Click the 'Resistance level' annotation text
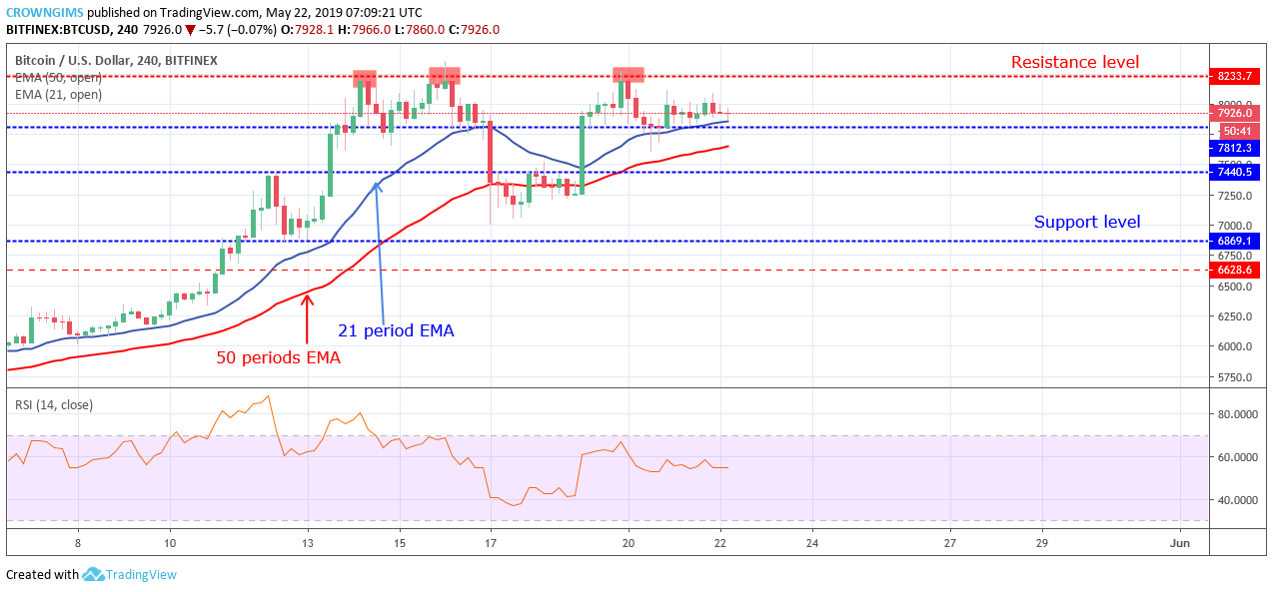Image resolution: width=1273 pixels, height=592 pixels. tap(1074, 62)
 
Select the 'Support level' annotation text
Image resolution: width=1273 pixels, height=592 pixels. tap(1086, 222)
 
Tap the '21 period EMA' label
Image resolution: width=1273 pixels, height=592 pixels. tap(395, 330)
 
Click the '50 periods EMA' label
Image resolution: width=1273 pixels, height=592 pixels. tap(278, 356)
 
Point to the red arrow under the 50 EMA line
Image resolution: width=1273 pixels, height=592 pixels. tap(307, 317)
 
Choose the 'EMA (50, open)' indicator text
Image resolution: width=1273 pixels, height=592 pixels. tap(58, 78)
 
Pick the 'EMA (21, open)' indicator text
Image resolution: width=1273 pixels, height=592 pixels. tap(58, 95)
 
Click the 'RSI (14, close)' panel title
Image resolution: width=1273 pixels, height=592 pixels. tap(56, 404)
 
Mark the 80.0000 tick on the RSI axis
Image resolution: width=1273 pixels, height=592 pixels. tap(1240, 414)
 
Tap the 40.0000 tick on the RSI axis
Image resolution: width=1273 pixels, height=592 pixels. tap(1240, 500)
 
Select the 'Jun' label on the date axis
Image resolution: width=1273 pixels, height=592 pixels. tap(1179, 542)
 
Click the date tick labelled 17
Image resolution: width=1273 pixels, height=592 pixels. tap(491, 542)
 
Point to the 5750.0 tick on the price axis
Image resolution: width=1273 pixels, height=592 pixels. tap(1235, 377)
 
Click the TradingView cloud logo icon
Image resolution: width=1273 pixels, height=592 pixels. tap(93, 574)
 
